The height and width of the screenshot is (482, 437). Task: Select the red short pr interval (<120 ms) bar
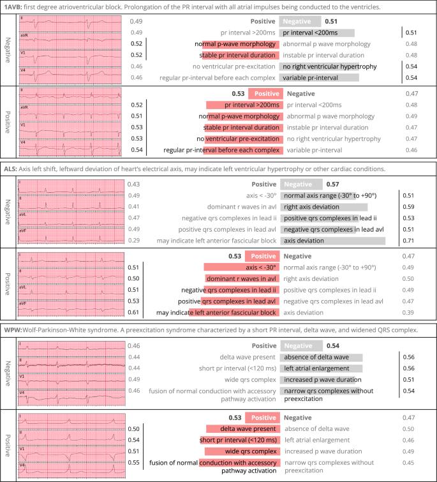pos(239,441)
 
